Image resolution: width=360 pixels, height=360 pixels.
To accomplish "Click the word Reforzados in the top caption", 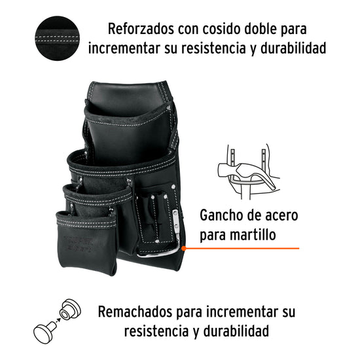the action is pos(141,29).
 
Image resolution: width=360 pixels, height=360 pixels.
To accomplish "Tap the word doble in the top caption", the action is pos(260,29).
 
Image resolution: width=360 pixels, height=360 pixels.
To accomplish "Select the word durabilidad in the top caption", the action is pos(293,48).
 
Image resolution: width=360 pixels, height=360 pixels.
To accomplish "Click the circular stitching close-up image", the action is pos(57,38).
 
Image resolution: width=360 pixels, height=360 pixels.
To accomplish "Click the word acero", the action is pos(281,216).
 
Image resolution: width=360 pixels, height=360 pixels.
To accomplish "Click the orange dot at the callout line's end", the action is pos(183,248).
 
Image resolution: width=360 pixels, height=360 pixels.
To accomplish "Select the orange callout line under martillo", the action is pos(242,248).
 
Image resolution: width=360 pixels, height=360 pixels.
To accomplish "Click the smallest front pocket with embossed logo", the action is pos(87,243).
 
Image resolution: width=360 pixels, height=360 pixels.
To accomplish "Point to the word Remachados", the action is pos(135,312).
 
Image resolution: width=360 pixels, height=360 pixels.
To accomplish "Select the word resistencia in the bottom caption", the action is pos(156,331).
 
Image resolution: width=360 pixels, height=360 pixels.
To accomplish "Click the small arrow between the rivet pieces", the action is pos(58,319).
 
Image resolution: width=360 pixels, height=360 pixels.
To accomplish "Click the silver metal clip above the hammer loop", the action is pos(175,221).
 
